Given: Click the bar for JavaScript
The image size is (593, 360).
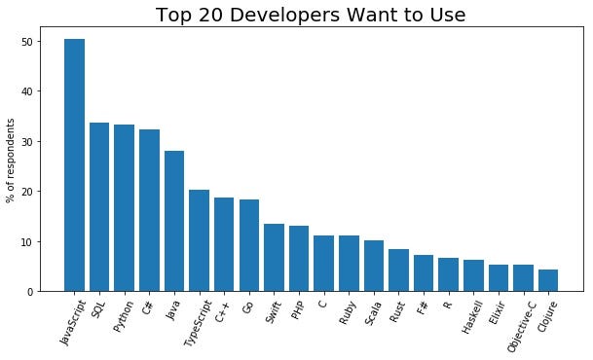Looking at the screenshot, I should tap(74, 165).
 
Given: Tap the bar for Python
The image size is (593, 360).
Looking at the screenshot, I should tap(124, 208).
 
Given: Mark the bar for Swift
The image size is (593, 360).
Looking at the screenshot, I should tap(274, 258).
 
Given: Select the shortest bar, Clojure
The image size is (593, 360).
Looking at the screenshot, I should tap(548, 280).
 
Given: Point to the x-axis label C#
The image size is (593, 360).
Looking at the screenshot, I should tap(147, 306).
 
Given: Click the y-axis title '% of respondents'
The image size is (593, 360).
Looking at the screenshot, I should tap(12, 161).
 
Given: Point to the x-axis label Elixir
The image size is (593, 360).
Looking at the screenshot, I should tap(496, 313).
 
